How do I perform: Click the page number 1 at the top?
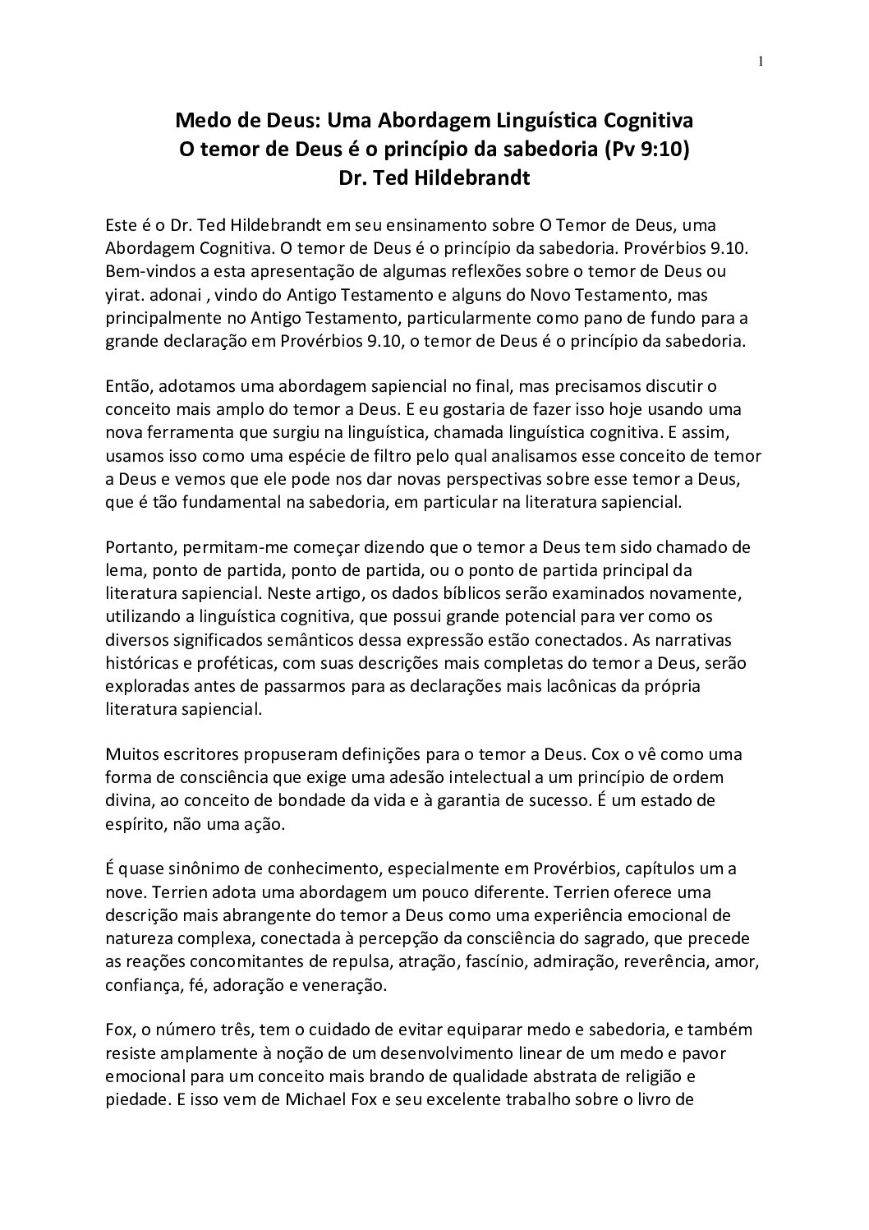point(761,61)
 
